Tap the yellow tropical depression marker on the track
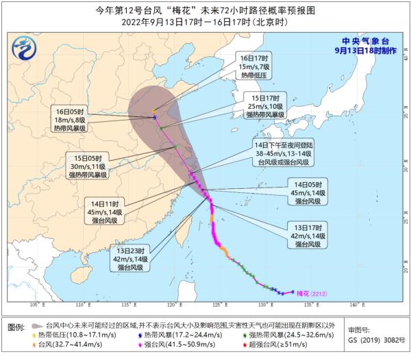tap(153, 111)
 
